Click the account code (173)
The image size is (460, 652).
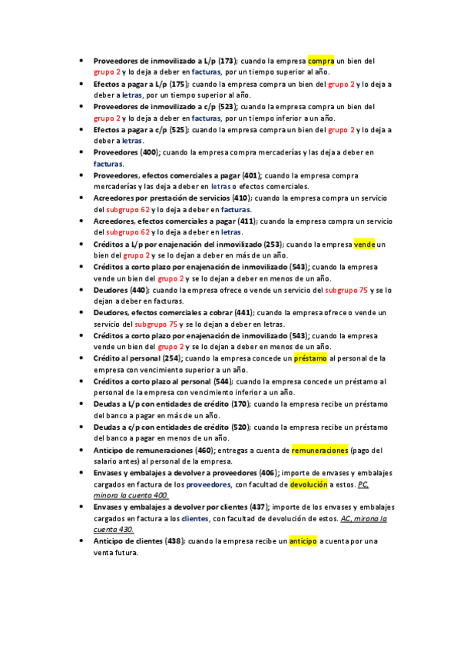(x=227, y=60)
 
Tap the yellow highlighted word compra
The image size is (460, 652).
(x=321, y=60)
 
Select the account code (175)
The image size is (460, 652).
(x=177, y=84)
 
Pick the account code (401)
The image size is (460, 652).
(x=250, y=176)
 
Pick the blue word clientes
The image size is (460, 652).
(x=198, y=519)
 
